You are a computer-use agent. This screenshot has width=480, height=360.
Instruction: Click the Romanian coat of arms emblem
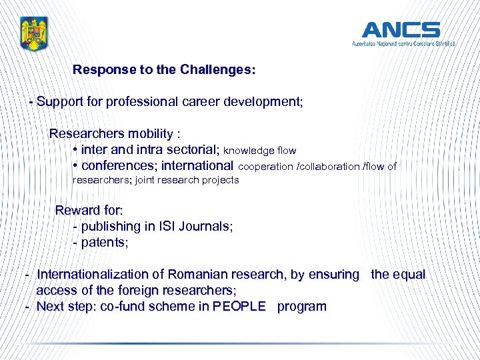33,33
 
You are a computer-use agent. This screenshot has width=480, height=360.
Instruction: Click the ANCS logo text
401,30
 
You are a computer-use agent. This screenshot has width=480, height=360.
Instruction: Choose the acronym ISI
167,227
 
